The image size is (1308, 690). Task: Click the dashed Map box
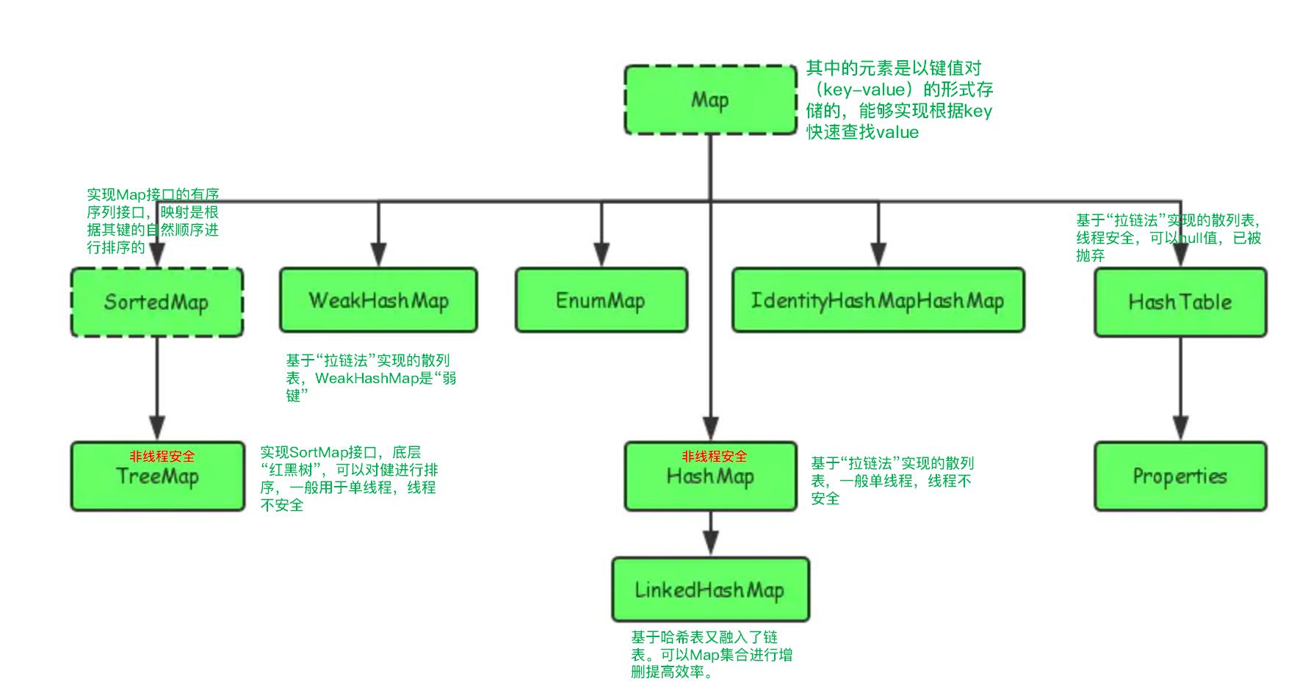pyautogui.click(x=709, y=100)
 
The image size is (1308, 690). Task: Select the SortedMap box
pyautogui.click(x=156, y=302)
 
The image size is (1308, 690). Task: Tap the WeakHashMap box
pyautogui.click(x=378, y=300)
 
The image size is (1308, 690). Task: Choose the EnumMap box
pyautogui.click(x=601, y=300)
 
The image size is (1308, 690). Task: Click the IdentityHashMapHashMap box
pyautogui.click(x=878, y=300)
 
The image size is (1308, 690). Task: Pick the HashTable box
pyautogui.click(x=1179, y=302)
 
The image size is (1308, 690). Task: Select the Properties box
pyautogui.click(x=1179, y=476)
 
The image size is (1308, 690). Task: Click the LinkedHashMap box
pyautogui.click(x=709, y=589)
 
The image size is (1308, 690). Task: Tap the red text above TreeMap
pyautogui.click(x=162, y=457)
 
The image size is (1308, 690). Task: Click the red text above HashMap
pyautogui.click(x=714, y=457)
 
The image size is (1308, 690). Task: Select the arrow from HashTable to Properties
pyautogui.click(x=1179, y=389)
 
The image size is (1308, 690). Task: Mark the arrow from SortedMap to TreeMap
pyautogui.click(x=157, y=389)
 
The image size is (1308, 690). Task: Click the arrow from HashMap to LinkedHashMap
pyautogui.click(x=710, y=534)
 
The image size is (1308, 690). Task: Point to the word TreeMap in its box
pyautogui.click(x=157, y=477)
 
